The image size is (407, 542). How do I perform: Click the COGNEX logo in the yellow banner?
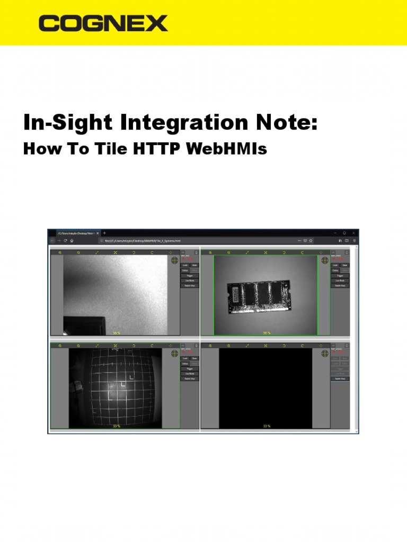[103, 23]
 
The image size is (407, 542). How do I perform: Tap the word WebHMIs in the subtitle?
[227, 149]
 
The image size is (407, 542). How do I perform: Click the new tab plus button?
[104, 233]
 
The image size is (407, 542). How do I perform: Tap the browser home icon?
[72, 240]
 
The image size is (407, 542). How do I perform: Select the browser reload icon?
[65, 240]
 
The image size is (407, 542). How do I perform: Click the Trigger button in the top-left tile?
[189, 275]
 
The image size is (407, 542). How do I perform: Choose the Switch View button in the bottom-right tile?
[340, 378]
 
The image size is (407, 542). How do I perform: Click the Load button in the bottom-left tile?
[185, 358]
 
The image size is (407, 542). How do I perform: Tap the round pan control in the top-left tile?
[174, 260]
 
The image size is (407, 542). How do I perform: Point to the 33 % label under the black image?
[267, 426]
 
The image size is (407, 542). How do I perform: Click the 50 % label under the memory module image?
[267, 333]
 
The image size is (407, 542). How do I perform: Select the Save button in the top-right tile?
[344, 265]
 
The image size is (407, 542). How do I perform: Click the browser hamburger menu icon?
[354, 240]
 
